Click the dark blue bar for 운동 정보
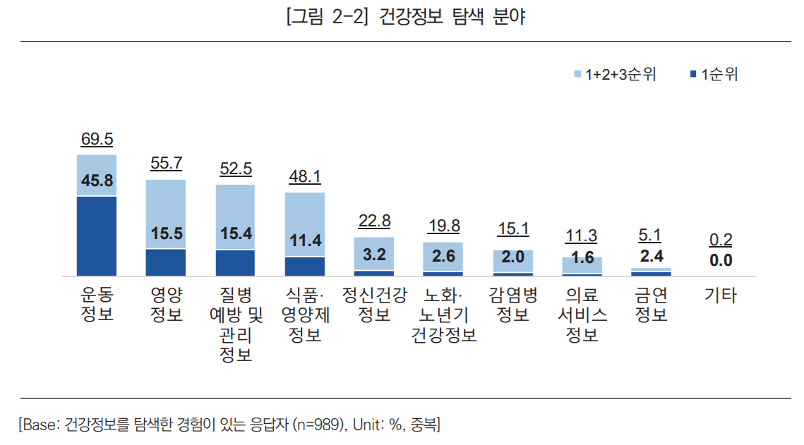click(x=97, y=236)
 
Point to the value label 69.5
click(x=97, y=139)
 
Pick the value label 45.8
click(x=97, y=181)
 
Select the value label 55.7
click(x=166, y=164)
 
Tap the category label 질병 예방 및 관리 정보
click(x=235, y=324)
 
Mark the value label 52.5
click(x=235, y=169)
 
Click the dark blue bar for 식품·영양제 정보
click(x=304, y=266)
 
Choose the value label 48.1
click(x=304, y=177)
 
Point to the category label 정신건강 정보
click(x=374, y=304)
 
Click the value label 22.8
click(x=374, y=221)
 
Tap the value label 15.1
click(x=512, y=228)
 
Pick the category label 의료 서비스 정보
click(x=582, y=314)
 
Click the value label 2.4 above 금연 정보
click(x=651, y=256)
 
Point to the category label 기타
click(x=720, y=295)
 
